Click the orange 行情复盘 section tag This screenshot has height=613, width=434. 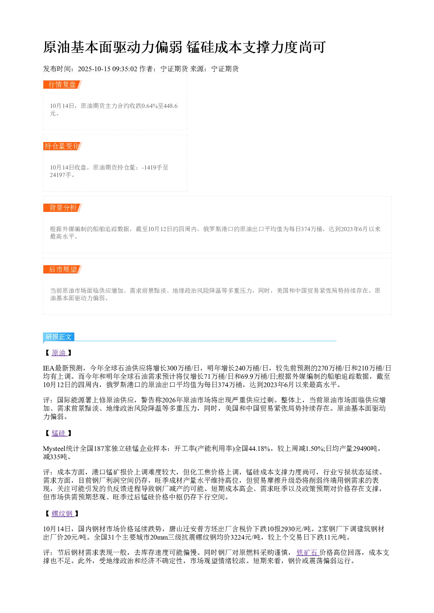click(63, 85)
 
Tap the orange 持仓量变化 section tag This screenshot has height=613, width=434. click(63, 146)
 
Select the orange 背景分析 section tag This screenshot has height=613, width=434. click(63, 208)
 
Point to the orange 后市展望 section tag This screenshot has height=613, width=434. click(63, 269)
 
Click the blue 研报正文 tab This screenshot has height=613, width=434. click(59, 336)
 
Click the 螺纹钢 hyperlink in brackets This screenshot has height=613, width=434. click(63, 514)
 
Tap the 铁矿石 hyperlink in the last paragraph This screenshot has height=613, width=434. click(308, 553)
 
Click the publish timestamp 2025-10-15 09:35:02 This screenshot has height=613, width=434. click(107, 69)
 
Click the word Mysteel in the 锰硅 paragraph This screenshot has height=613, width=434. click(54, 449)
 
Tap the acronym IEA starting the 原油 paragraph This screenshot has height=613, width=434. click(49, 368)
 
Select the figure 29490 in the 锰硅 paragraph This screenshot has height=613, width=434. click(361, 449)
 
